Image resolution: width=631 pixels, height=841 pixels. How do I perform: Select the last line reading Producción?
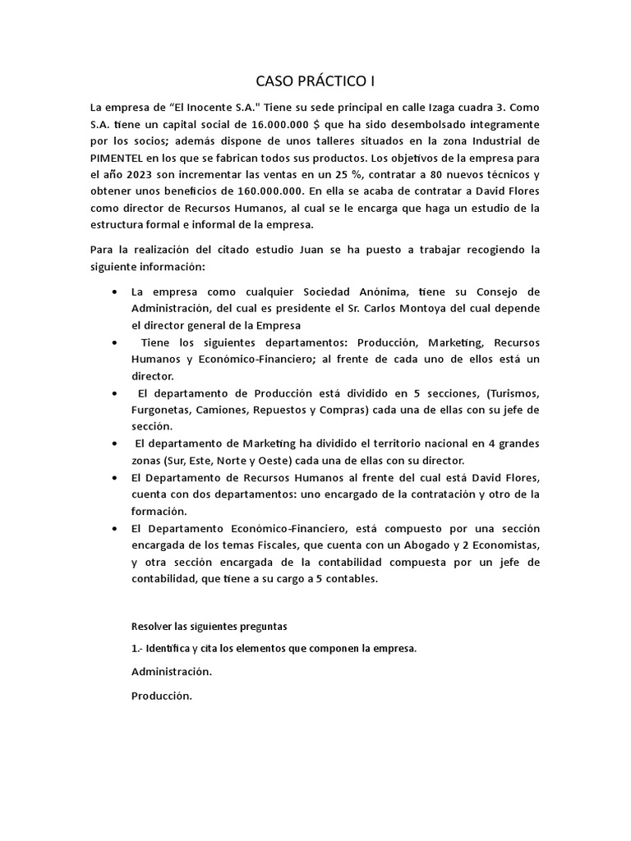161,696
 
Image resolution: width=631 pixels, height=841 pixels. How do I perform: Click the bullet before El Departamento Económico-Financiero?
113,528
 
